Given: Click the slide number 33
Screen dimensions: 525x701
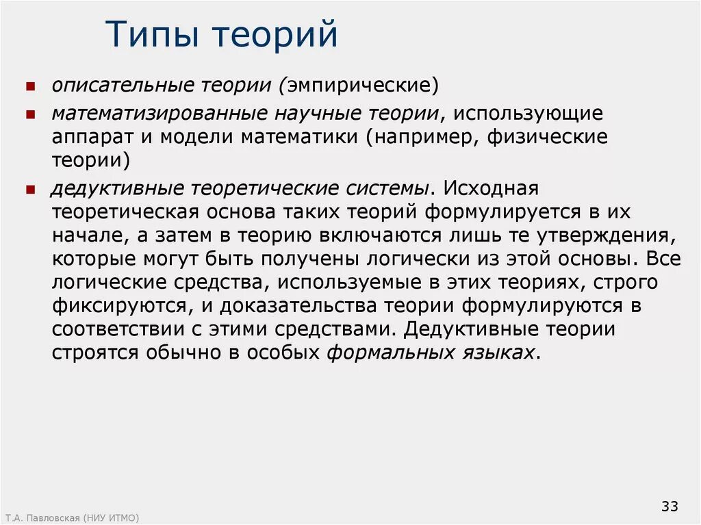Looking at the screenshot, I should (x=669, y=507).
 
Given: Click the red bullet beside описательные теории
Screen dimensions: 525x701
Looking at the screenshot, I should (x=31, y=88).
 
